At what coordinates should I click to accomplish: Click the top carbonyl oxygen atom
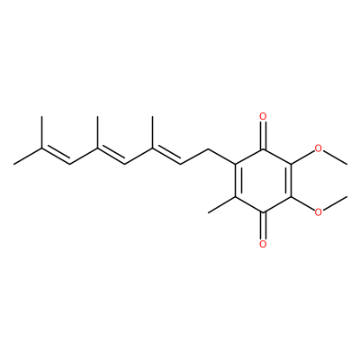(x=263, y=116)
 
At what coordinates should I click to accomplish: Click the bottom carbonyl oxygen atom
(x=263, y=244)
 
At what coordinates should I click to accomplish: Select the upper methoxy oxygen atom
(x=319, y=148)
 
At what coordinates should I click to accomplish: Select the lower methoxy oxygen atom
(x=319, y=211)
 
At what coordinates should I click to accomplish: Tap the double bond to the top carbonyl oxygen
(x=263, y=135)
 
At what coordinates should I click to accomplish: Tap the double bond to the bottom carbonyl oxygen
(x=263, y=225)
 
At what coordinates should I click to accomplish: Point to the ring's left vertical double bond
(x=237, y=180)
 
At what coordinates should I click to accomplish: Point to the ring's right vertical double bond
(x=289, y=180)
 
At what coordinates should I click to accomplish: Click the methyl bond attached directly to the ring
(x=222, y=204)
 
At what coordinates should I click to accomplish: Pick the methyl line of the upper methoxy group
(x=336, y=157)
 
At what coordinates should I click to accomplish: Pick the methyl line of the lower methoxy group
(x=336, y=202)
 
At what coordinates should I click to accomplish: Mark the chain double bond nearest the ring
(x=166, y=155)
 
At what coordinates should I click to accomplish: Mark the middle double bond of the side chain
(x=111, y=155)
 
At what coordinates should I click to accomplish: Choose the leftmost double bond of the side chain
(x=56, y=155)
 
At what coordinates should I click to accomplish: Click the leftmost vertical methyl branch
(x=41, y=132)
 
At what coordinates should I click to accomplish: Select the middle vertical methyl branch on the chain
(x=97, y=132)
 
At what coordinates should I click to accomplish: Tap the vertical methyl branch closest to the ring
(x=152, y=132)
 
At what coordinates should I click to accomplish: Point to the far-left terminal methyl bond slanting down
(x=28, y=157)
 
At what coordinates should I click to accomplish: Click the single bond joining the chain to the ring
(x=222, y=156)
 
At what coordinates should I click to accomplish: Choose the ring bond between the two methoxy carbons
(x=289, y=180)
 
